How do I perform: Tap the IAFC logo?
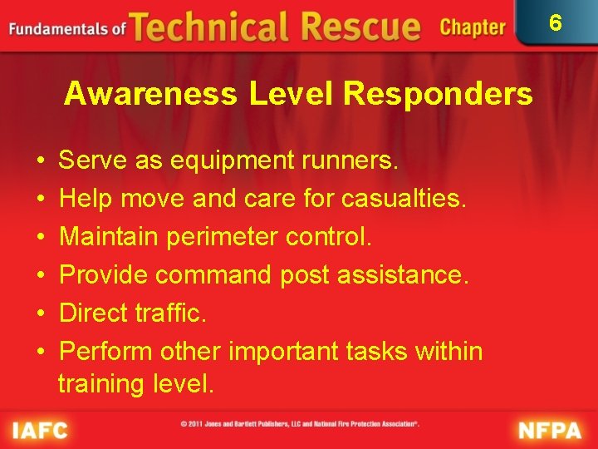click(x=39, y=430)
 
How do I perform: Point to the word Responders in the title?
click(x=438, y=95)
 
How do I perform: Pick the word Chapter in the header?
click(x=472, y=27)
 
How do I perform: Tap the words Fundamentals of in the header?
click(x=66, y=29)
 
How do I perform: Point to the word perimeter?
click(x=223, y=236)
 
